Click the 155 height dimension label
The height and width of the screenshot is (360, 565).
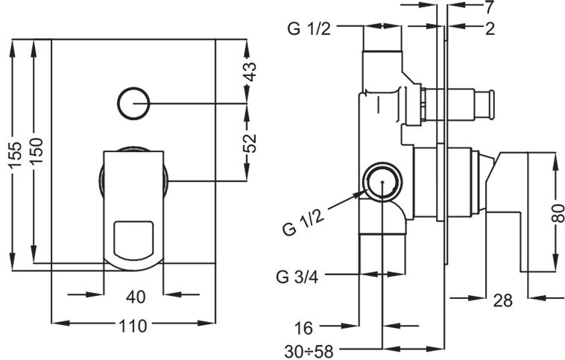coord(15,155)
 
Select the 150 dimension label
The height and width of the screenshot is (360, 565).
coord(37,151)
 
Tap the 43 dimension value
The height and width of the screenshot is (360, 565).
coord(250,72)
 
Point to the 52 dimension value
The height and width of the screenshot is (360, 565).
coord(250,143)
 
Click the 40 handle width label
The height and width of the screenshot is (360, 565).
coord(136,297)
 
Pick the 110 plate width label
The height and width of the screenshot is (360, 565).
coord(133,326)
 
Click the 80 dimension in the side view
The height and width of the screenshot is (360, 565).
coord(558,213)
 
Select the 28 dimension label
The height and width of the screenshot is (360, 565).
coord(502,300)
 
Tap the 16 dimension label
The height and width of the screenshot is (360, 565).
coord(304,328)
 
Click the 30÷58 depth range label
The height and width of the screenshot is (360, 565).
coord(309,351)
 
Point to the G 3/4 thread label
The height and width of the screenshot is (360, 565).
coord(297,277)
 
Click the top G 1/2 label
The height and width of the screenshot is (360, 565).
coord(309,28)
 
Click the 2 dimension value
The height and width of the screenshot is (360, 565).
coord(490,29)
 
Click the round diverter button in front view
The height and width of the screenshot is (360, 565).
coord(133,103)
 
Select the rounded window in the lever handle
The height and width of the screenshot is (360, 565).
coord(133,240)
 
